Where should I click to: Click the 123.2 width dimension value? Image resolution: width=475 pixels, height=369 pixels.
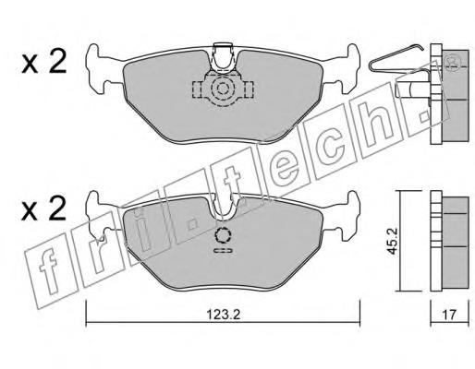(223, 315)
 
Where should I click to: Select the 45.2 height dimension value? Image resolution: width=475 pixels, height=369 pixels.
(392, 241)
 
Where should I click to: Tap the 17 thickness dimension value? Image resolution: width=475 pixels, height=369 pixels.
(449, 315)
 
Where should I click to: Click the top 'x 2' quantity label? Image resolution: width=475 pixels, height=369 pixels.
(44, 62)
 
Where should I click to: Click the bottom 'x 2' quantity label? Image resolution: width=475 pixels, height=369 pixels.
(44, 208)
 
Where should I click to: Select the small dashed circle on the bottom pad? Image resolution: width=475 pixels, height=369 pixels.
(223, 236)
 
